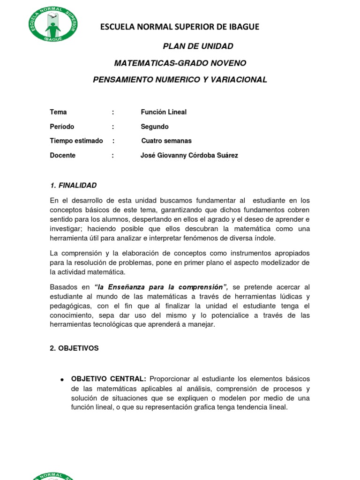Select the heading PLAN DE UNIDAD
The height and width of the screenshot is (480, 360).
(x=197, y=46)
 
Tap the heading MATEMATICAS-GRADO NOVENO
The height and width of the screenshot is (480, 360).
(x=180, y=63)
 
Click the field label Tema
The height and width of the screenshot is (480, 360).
(x=58, y=112)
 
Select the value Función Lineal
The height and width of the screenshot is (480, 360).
(x=164, y=112)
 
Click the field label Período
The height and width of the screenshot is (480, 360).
(x=62, y=127)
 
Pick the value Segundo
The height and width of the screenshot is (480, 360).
(x=155, y=127)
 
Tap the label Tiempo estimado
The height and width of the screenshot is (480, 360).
(x=76, y=141)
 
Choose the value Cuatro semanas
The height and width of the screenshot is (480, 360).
(x=166, y=141)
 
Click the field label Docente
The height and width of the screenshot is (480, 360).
(x=63, y=155)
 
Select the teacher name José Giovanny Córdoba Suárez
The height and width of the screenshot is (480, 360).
(x=189, y=155)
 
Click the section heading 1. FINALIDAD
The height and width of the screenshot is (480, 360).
(x=73, y=185)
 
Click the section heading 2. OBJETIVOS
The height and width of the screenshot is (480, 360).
(x=74, y=348)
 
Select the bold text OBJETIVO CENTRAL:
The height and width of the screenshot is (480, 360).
(x=108, y=379)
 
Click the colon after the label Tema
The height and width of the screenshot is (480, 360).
(x=113, y=112)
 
